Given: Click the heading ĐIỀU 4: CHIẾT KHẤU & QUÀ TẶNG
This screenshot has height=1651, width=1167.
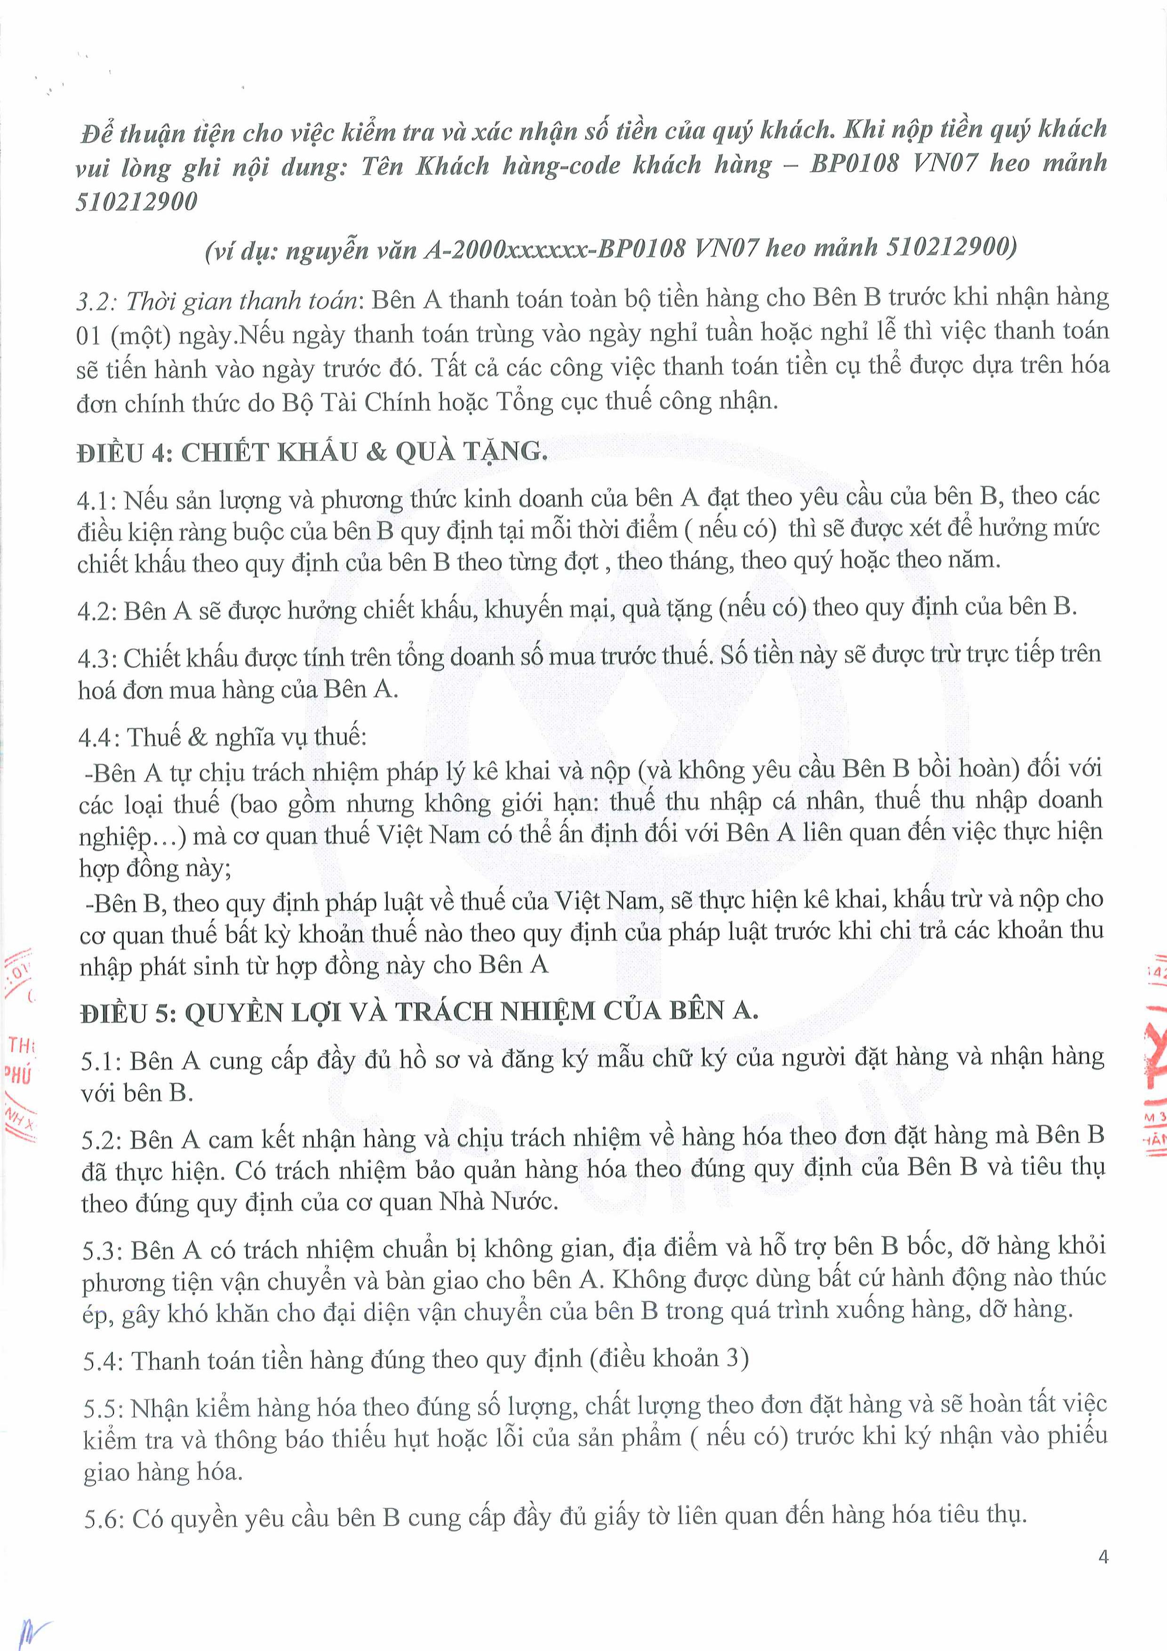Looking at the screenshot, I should [x=312, y=452].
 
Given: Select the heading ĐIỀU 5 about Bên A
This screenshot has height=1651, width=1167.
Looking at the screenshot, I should [x=419, y=1012].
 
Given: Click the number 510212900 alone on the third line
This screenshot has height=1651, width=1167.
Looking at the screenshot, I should [x=136, y=202].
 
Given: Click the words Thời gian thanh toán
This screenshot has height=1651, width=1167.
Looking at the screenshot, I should [x=241, y=301].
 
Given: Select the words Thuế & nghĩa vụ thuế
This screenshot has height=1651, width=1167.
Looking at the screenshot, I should [x=247, y=737].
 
